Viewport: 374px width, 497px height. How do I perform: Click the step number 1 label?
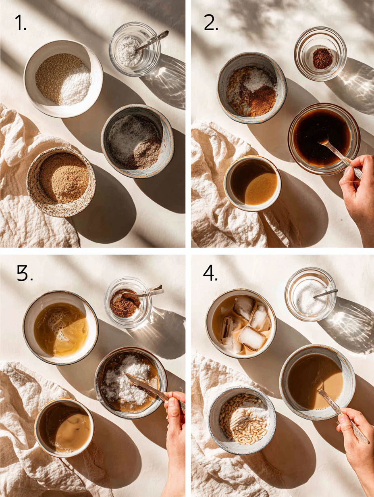pyautogui.click(x=20, y=24)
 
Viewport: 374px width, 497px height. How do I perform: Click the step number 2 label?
pyautogui.click(x=211, y=23)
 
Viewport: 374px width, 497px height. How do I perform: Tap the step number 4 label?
pyautogui.click(x=210, y=274)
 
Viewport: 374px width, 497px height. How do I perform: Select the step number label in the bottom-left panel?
pyautogui.click(x=25, y=274)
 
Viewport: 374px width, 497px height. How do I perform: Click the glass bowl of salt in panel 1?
pyautogui.click(x=134, y=50)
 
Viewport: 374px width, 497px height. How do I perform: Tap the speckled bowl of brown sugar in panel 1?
pyautogui.click(x=61, y=181)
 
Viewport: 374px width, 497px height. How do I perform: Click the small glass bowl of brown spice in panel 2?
pyautogui.click(x=321, y=54)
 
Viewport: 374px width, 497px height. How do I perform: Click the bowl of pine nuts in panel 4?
pyautogui.click(x=242, y=420)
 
